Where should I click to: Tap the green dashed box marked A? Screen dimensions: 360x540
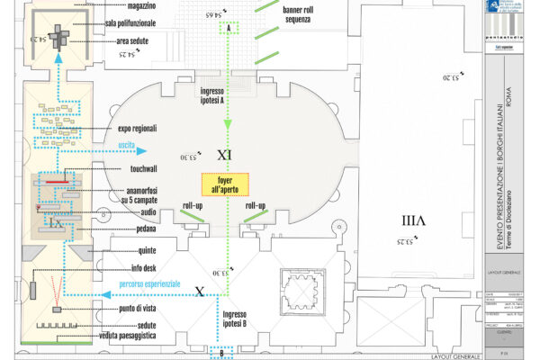[x=229, y=29]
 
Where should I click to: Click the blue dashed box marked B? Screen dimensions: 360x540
[x=221, y=352]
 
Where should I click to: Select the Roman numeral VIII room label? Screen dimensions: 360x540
[x=412, y=220]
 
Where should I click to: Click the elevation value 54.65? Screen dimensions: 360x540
[x=187, y=15]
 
